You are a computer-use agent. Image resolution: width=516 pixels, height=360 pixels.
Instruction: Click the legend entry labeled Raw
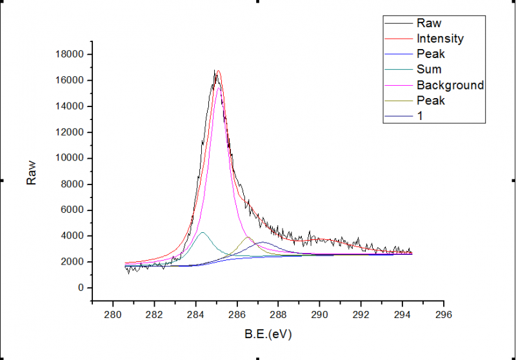(429, 23)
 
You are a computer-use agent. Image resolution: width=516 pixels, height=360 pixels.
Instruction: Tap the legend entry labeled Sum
(429, 70)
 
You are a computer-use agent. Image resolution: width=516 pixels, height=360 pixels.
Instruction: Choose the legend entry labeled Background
(450, 85)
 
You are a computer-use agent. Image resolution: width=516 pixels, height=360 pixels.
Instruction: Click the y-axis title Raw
(30, 172)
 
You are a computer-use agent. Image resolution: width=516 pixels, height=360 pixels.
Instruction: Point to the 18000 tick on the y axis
(71, 55)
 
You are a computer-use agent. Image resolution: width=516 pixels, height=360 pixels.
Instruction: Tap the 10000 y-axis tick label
(71, 158)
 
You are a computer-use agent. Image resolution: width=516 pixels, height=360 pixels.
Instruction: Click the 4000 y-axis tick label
(74, 236)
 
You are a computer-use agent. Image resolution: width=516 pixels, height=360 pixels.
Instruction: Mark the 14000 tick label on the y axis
(71, 106)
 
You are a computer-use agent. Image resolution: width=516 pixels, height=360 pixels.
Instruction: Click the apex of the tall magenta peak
(219, 88)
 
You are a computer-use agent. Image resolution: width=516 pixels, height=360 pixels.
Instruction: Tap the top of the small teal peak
(203, 232)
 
